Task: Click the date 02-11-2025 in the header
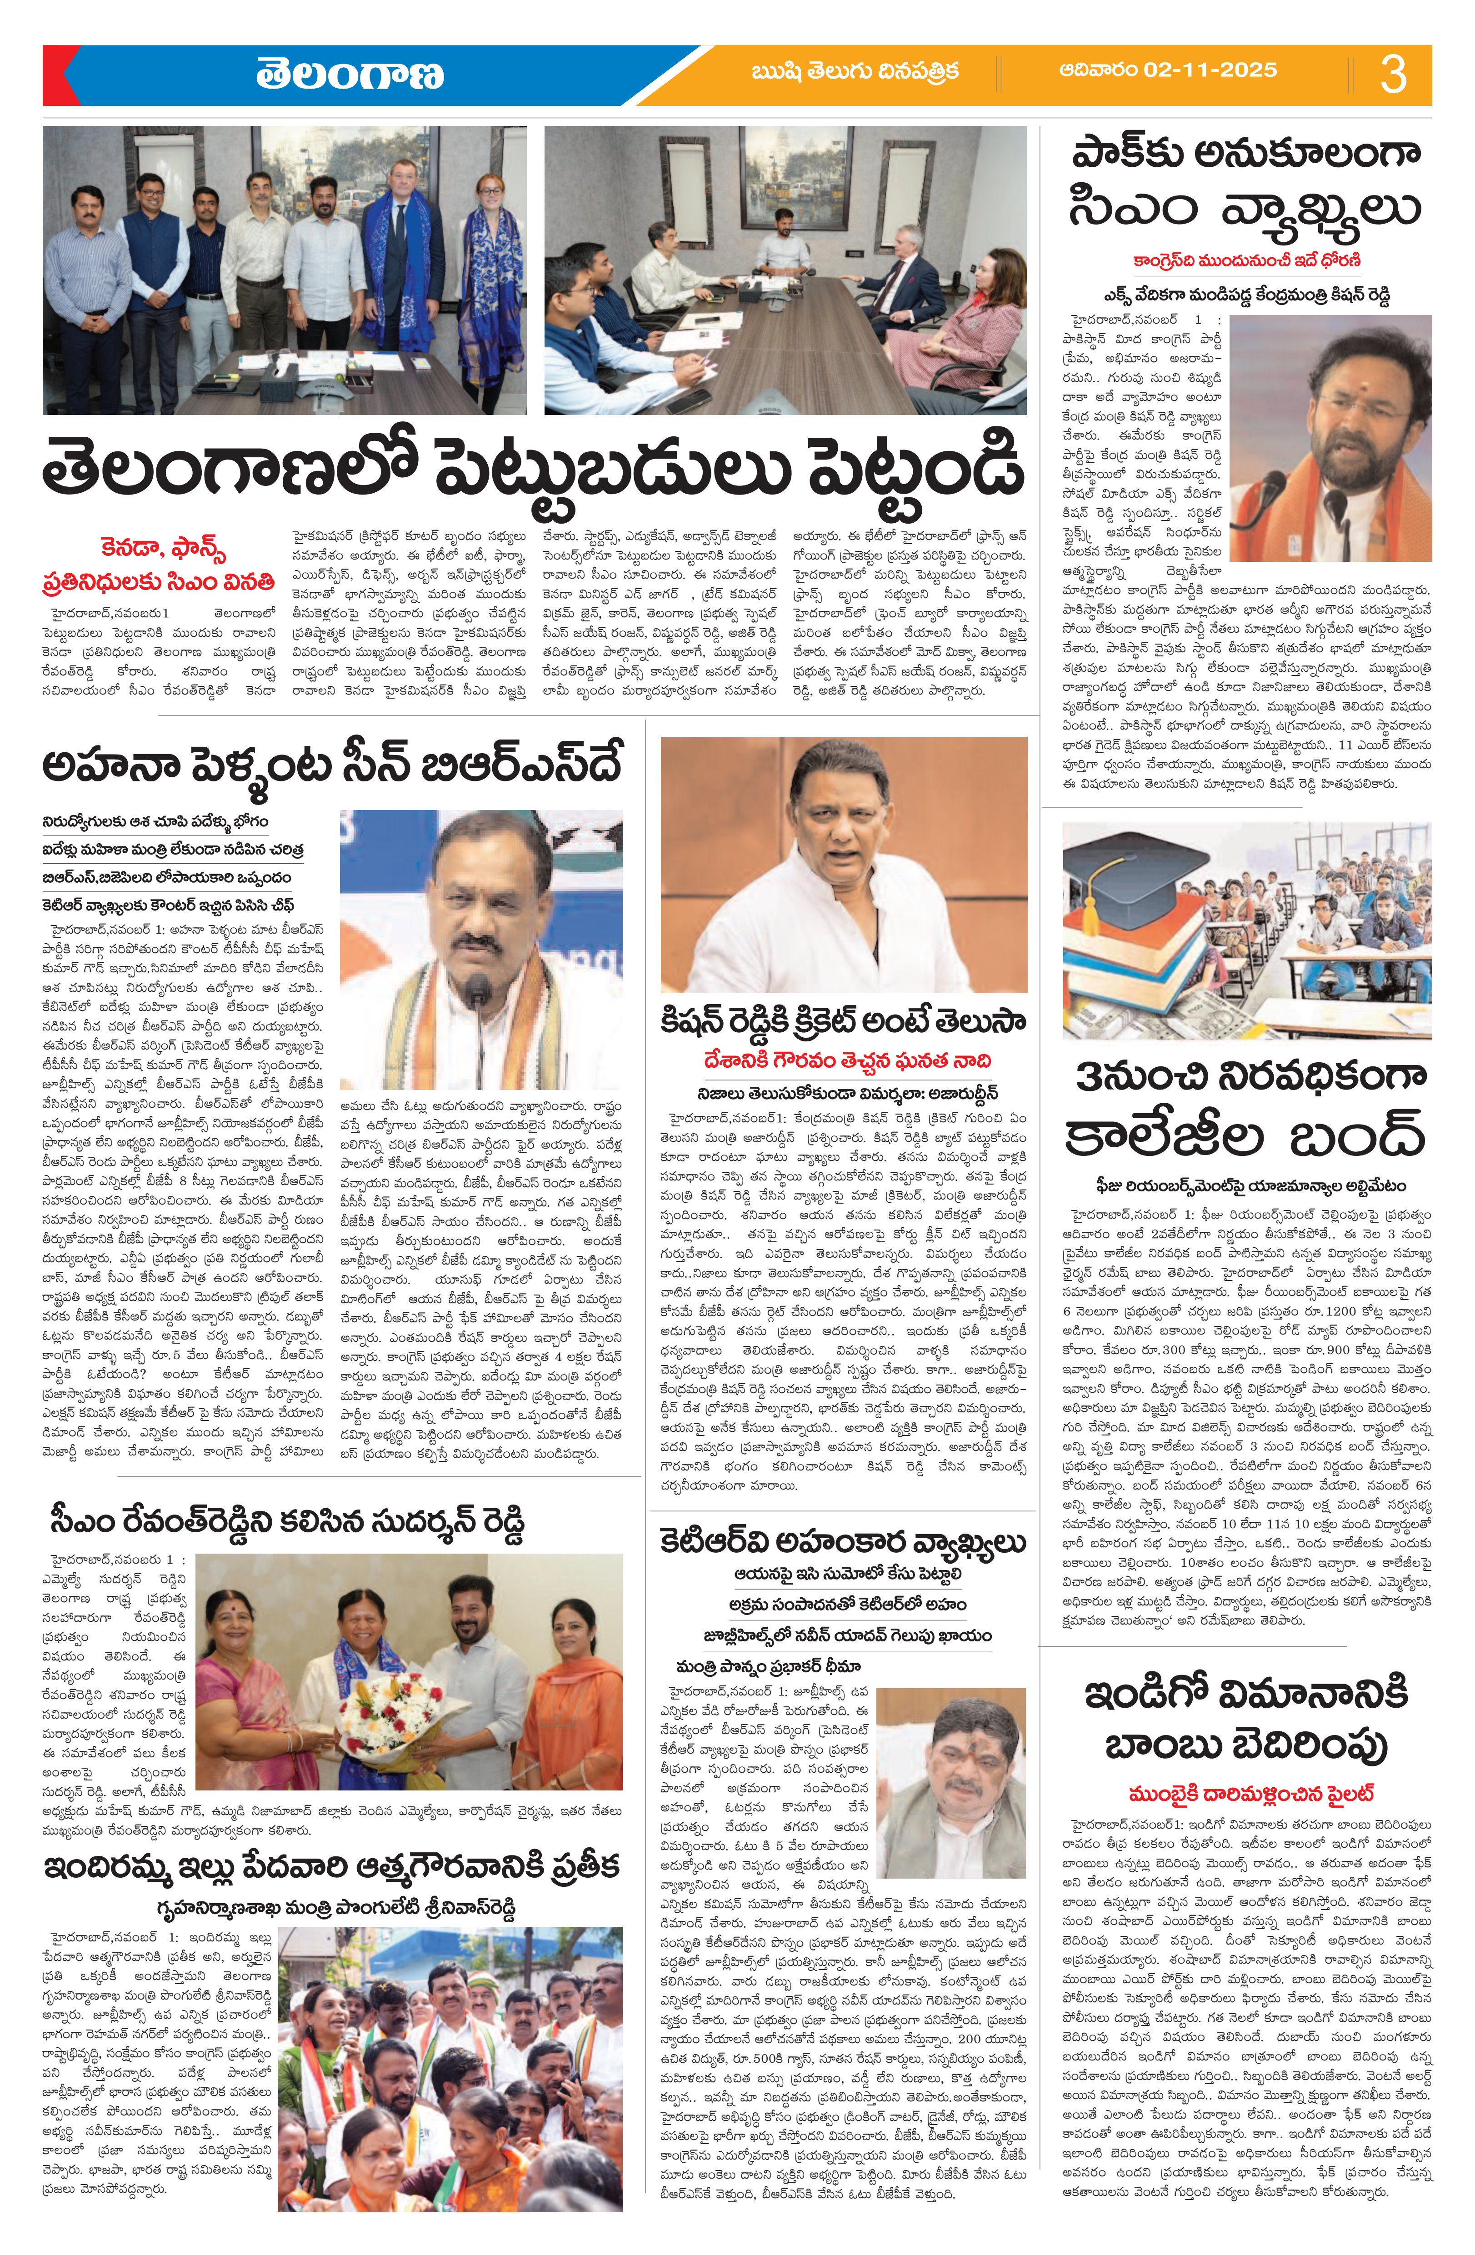click(1168, 70)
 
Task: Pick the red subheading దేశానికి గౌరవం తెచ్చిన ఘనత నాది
click(843, 1060)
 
